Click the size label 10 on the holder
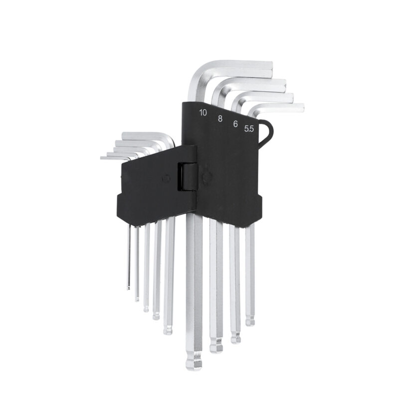coord(203,113)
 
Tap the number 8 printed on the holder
coord(220,118)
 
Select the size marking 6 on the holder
coord(235,124)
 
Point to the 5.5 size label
coord(249,129)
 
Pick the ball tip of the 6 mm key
coord(235,338)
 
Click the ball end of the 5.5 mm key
coord(250,321)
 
